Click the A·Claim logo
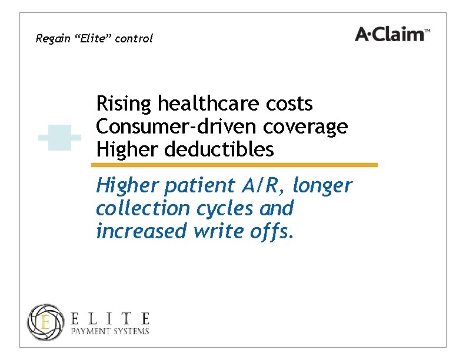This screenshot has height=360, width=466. pyautogui.click(x=389, y=35)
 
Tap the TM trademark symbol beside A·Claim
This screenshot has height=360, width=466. pyautogui.click(x=428, y=30)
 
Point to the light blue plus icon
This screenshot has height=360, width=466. pyautogui.click(x=59, y=138)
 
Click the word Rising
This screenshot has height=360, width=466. pyautogui.click(x=124, y=105)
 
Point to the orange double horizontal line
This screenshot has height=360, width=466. pyautogui.click(x=237, y=165)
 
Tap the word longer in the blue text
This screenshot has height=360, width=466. pyautogui.click(x=322, y=186)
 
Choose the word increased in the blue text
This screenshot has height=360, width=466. pyautogui.click(x=141, y=232)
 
